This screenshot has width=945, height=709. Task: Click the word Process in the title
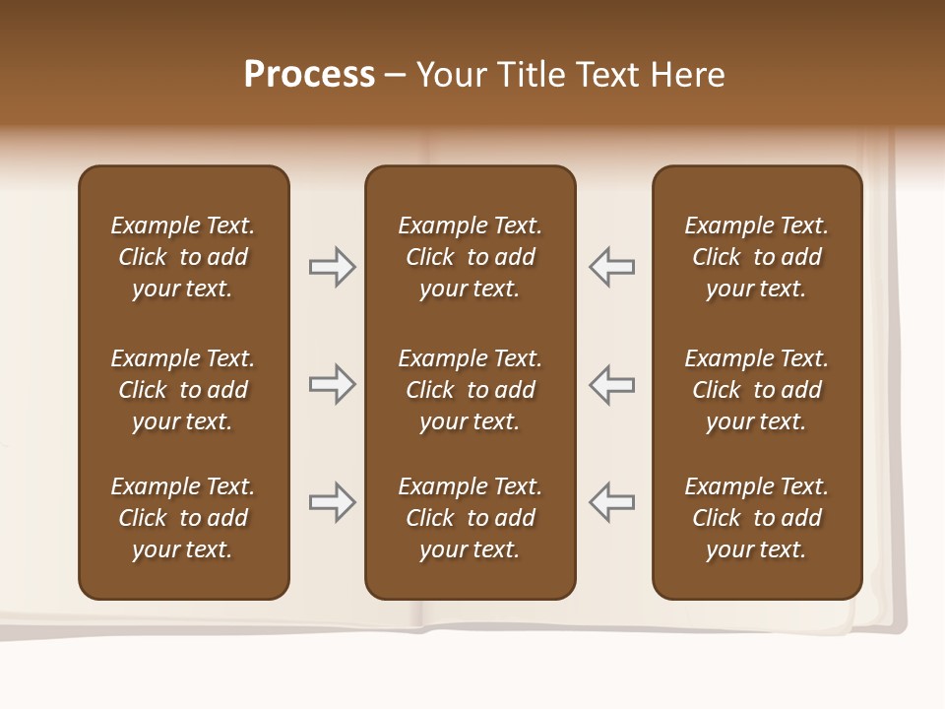[x=309, y=75]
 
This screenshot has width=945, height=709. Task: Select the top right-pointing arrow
[x=332, y=267]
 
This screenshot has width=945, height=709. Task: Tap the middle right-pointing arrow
[x=332, y=384]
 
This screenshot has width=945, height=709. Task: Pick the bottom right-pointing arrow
[x=332, y=502]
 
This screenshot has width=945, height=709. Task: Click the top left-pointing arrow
[x=612, y=267]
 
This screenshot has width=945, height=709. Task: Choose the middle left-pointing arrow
[x=612, y=384]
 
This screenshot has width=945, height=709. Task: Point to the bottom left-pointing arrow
[x=612, y=502]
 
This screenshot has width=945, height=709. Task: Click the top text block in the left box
[x=183, y=257]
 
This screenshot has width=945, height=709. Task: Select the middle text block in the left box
[x=183, y=390]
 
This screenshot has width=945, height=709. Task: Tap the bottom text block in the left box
[x=183, y=518]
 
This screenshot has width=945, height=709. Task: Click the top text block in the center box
[x=470, y=257]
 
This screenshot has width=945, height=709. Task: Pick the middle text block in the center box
[x=470, y=390]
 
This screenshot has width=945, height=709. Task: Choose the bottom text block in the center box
[x=470, y=518]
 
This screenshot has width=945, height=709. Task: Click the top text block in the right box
[x=756, y=257]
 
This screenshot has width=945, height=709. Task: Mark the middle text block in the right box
[x=756, y=390]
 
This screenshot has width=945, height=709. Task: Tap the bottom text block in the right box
[x=756, y=518]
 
